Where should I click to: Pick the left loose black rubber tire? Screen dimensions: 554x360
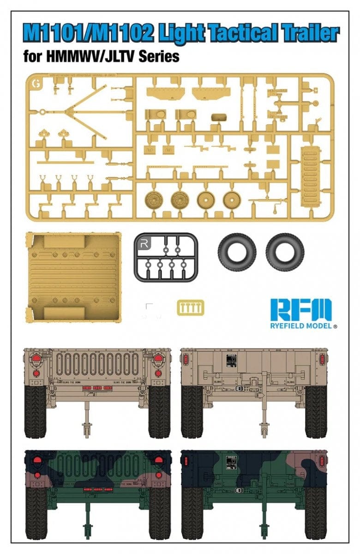[237, 252]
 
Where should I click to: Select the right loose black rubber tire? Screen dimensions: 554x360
[285, 252]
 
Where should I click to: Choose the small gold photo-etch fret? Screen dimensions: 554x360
[190, 308]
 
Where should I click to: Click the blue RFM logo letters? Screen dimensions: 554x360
[300, 310]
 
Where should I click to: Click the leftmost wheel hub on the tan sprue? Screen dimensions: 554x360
[154, 200]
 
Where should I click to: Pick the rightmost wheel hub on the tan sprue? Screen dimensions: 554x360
[232, 200]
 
